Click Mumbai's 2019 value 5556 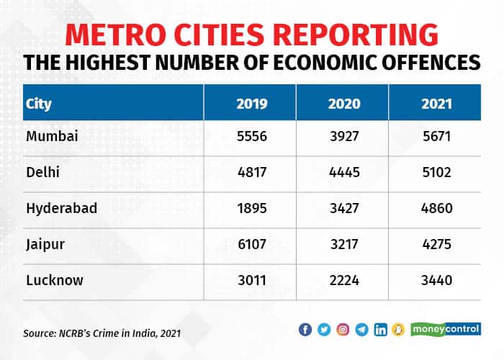pos(252,137)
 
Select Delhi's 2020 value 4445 pos(344,173)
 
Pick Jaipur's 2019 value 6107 pos(252,244)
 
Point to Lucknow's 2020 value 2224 pos(344,280)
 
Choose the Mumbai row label pos(50,137)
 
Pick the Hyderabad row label pos(61,209)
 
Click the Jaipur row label pos(45,244)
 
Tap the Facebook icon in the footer pos(305,330)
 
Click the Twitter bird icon pos(324,330)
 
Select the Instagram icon pos(343,330)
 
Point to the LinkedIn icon pos(381,330)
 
